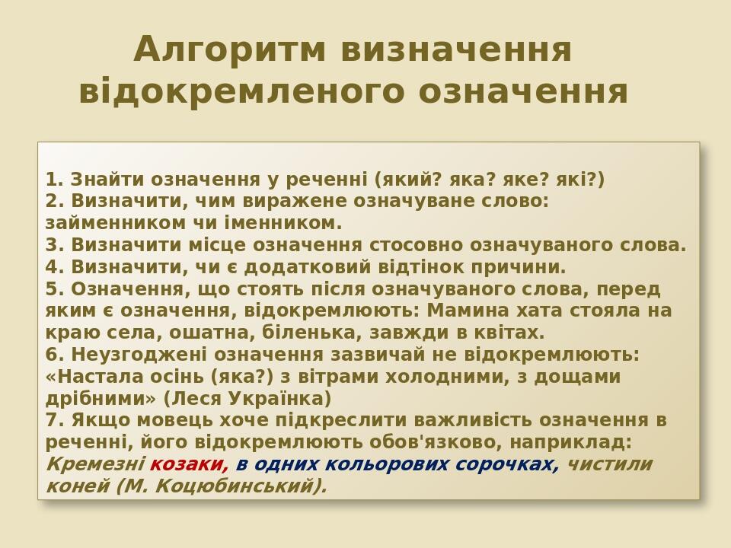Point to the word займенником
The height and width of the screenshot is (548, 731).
(x=96, y=224)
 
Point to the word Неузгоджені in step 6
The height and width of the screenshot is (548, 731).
(x=139, y=355)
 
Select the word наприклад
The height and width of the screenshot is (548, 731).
(x=576, y=442)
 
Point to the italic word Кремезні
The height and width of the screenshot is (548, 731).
(x=95, y=464)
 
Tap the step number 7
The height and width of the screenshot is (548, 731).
(x=52, y=420)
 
